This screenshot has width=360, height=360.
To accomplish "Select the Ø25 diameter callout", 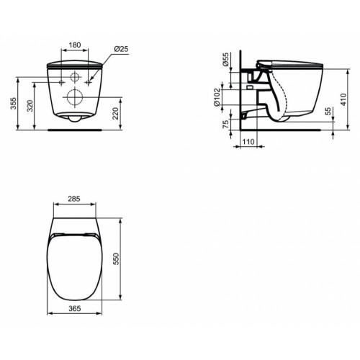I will (x=121, y=50).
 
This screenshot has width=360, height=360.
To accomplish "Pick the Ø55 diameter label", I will (x=226, y=59).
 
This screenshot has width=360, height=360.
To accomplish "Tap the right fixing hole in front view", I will (x=90, y=83).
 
